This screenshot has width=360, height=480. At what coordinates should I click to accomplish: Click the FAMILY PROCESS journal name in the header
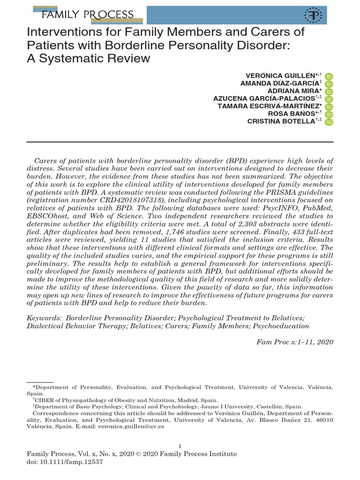click(x=87, y=15)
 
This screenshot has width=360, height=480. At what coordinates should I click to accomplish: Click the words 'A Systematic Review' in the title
click(x=89, y=58)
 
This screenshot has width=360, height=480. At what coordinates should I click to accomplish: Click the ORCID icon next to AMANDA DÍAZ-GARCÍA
click(x=329, y=84)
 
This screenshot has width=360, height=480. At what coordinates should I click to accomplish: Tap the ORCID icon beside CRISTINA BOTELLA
click(x=329, y=121)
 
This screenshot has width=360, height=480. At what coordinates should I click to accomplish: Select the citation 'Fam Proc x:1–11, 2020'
click(x=295, y=342)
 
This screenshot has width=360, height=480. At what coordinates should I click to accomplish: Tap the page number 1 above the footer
click(x=180, y=446)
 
